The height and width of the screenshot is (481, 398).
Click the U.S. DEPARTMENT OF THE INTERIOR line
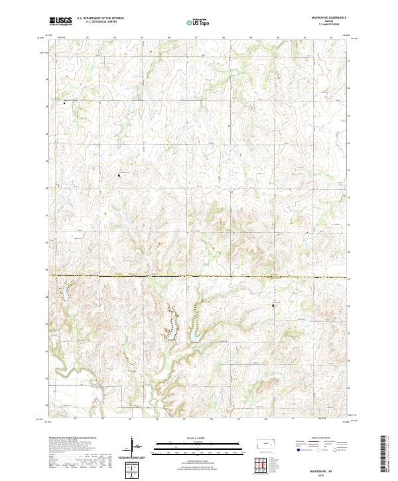tap(100, 19)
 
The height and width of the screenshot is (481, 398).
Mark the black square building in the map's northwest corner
tap(64, 103)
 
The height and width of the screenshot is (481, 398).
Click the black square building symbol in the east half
tap(273, 305)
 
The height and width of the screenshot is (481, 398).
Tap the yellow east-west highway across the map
tap(199, 276)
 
